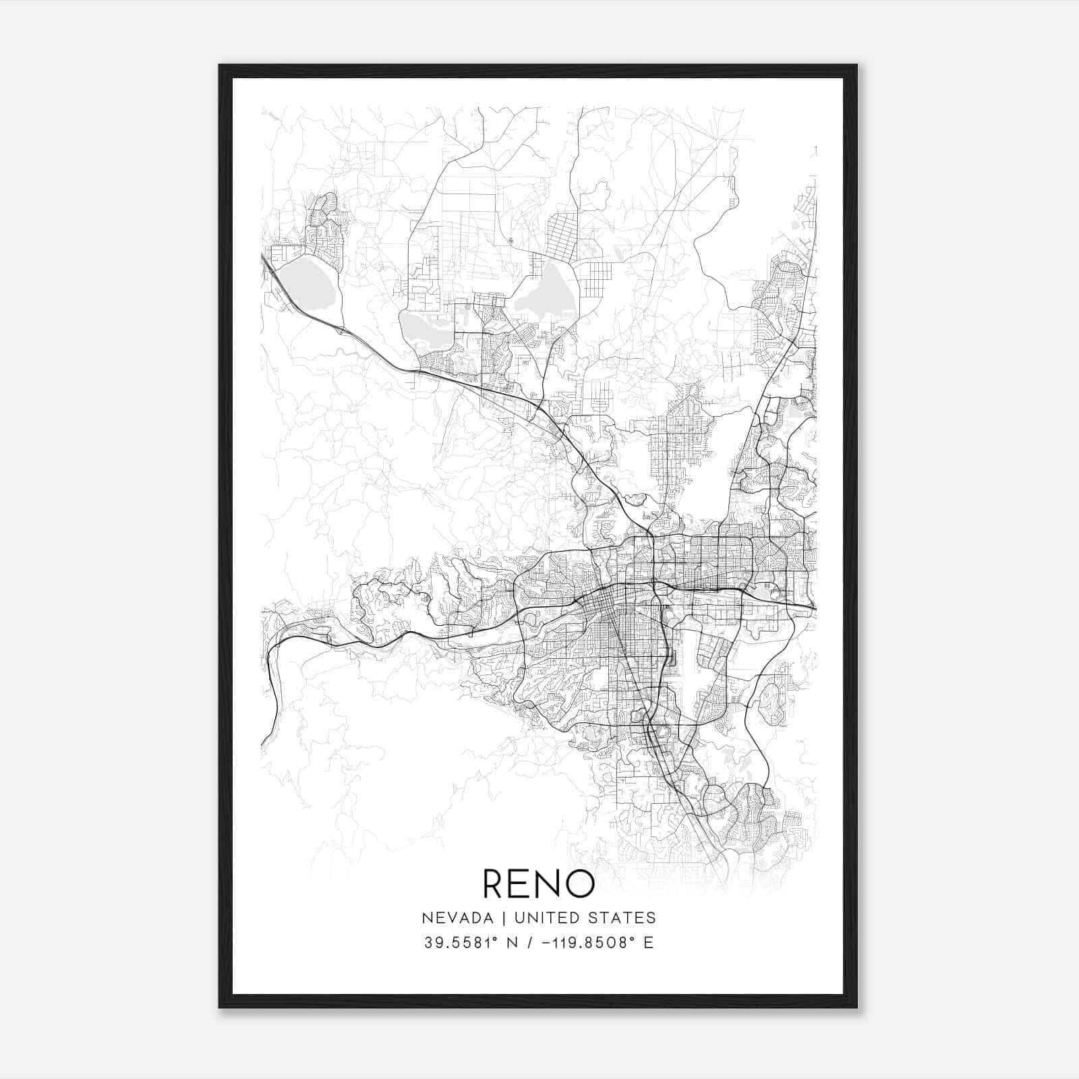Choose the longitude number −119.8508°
pos(593,943)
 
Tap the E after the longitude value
pos(649,943)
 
